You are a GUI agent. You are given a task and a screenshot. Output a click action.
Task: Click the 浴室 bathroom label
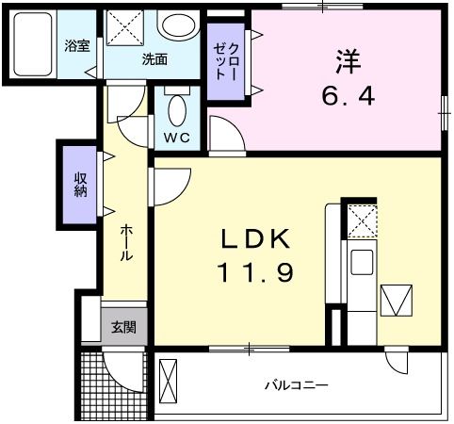76,46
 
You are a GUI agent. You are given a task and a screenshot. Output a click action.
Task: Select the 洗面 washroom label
154,59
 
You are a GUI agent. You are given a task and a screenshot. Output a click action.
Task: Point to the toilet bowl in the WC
176,110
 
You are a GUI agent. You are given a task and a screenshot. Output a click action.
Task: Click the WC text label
176,138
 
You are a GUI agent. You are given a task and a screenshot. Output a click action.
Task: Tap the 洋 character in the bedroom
345,62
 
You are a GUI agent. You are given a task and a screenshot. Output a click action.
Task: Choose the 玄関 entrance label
122,327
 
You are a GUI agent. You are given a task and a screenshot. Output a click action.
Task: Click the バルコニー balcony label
295,385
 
